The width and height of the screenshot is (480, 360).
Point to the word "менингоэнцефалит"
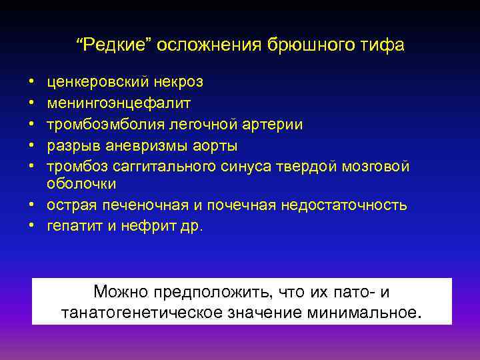pos(119,103)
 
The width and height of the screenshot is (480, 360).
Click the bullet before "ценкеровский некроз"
pos(32,83)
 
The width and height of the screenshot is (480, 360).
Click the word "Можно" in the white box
pos(121,291)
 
